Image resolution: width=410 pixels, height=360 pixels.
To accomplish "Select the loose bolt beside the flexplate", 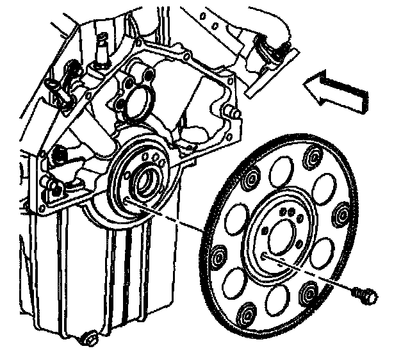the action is click(365, 294).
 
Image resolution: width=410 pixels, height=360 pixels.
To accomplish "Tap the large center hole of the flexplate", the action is click(281, 236).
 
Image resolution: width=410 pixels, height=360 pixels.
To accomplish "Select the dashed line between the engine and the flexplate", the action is click(192, 227).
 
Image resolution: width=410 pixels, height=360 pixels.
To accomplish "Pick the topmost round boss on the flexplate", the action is click(314, 156).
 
